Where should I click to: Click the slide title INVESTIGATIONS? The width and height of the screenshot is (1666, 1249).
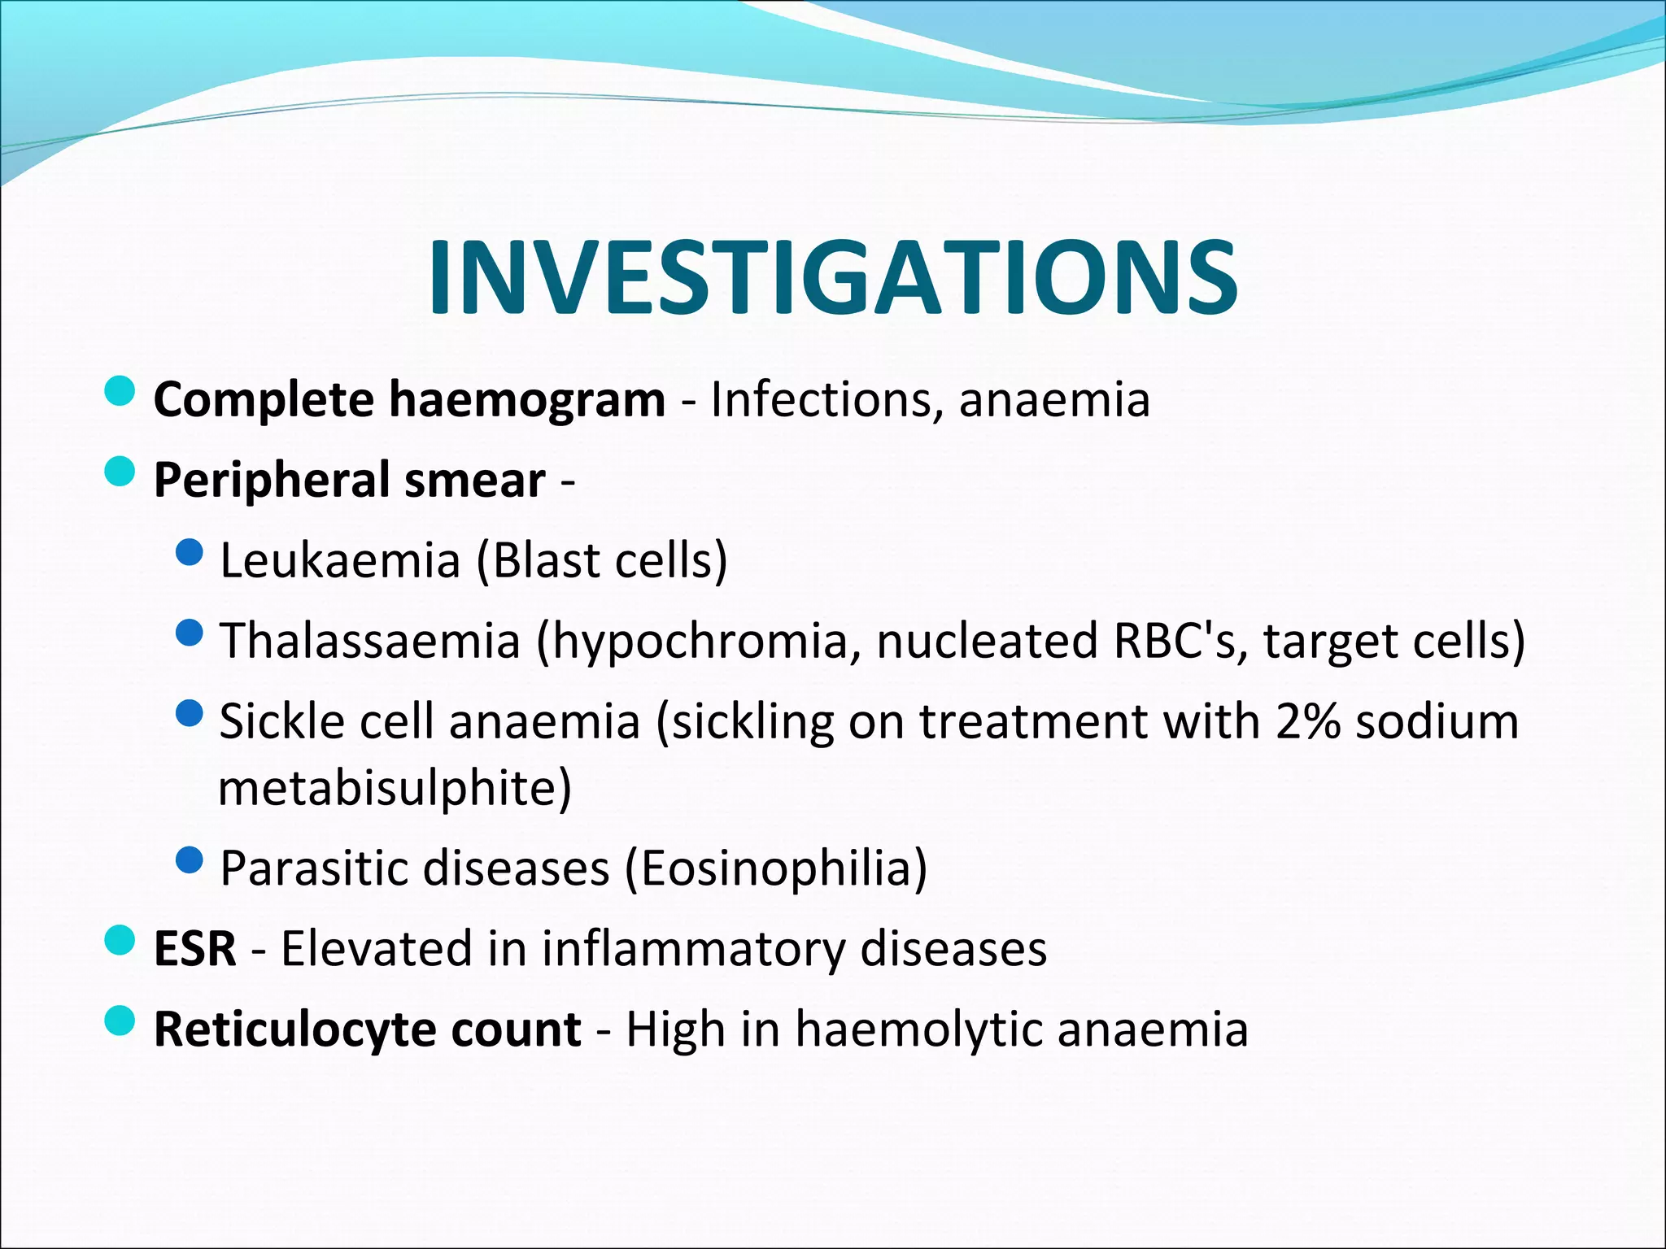[x=833, y=277]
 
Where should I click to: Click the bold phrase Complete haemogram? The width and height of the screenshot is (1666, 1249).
[x=409, y=400]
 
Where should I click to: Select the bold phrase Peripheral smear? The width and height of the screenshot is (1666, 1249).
[x=349, y=480]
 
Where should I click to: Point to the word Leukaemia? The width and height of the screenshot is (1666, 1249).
[x=340, y=560]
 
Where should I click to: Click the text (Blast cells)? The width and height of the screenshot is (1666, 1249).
[x=601, y=560]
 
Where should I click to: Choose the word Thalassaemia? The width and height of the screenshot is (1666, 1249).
[x=370, y=641]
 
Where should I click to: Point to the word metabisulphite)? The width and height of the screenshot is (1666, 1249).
[x=395, y=787]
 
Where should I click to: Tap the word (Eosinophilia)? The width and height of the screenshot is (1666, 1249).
[x=776, y=868]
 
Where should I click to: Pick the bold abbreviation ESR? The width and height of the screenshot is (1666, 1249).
[x=195, y=948]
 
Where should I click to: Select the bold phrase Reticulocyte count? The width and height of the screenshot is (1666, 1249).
[x=368, y=1029]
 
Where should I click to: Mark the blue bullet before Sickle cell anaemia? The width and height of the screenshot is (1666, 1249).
[x=189, y=714]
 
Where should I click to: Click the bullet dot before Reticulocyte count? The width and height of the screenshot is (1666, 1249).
[x=120, y=1021]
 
